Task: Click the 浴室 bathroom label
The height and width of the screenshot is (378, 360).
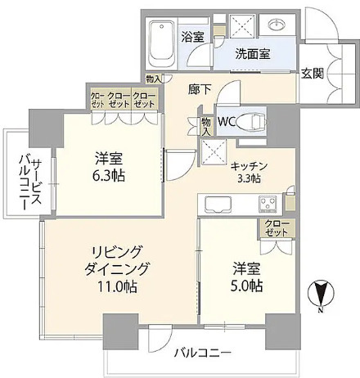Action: pyautogui.click(x=192, y=37)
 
